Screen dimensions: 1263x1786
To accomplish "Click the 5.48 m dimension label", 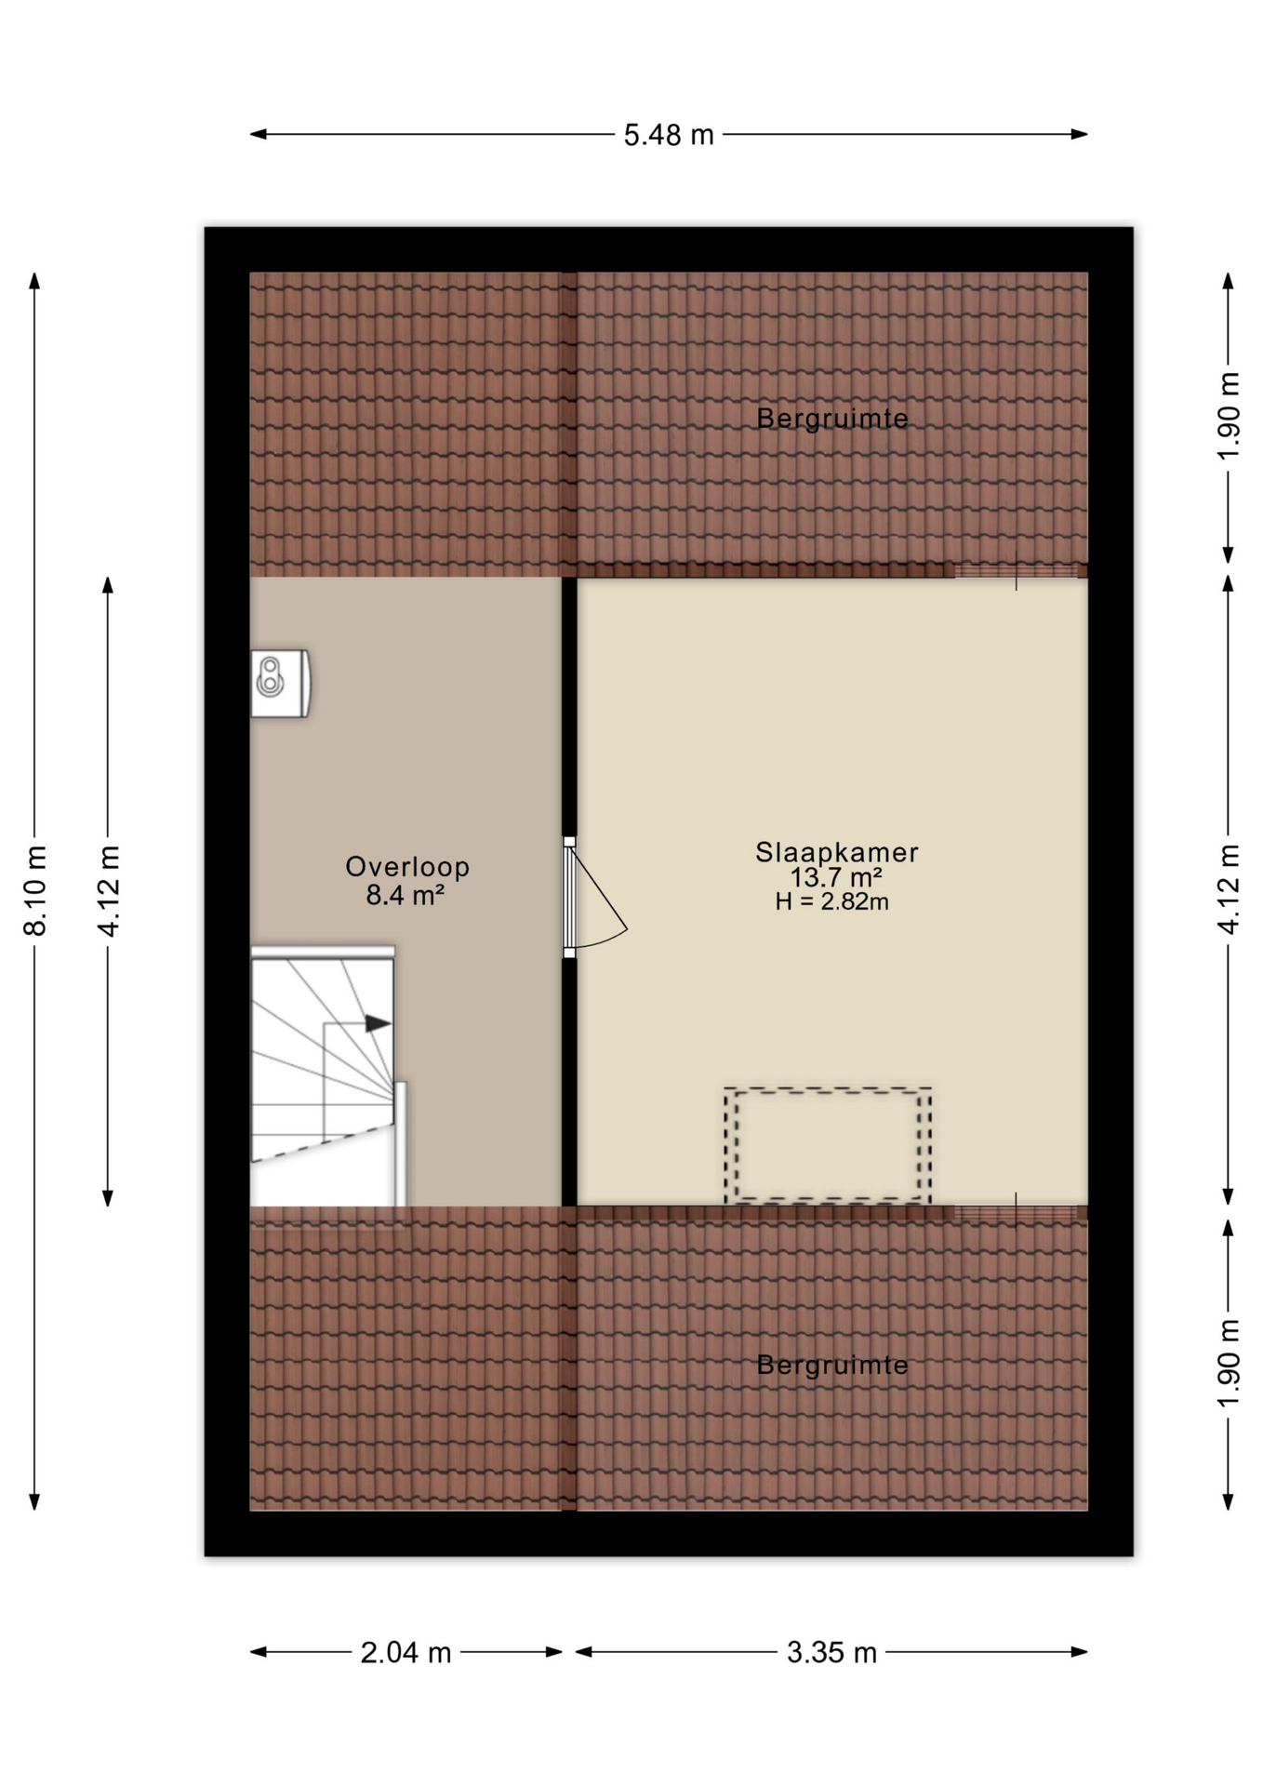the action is click(x=668, y=136).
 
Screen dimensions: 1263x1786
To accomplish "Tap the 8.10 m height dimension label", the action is click(x=35, y=890).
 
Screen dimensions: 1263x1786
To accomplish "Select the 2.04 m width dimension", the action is click(x=405, y=1652).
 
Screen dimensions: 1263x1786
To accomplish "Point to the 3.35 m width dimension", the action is click(x=831, y=1652).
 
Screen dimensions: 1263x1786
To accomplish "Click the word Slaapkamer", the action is click(x=837, y=852).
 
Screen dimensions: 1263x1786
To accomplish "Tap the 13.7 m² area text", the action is click(x=835, y=877).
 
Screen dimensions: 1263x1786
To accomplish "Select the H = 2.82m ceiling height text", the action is click(x=831, y=901).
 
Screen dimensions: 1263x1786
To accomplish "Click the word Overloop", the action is click(x=407, y=867).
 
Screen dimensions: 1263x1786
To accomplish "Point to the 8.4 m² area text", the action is click(x=405, y=895).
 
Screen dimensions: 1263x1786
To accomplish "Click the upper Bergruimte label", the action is click(x=831, y=419).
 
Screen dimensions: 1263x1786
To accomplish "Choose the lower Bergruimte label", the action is click(x=831, y=1365).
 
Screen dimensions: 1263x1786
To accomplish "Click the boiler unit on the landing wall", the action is click(x=280, y=684).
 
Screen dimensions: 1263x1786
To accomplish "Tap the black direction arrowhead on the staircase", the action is click(x=378, y=1023).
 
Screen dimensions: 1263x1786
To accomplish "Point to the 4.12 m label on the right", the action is click(x=1229, y=890).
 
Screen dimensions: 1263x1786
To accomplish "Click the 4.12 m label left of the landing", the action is click(x=109, y=890).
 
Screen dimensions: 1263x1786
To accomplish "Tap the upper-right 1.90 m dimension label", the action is click(x=1229, y=415).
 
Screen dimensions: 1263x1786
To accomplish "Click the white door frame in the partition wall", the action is click(x=569, y=898).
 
